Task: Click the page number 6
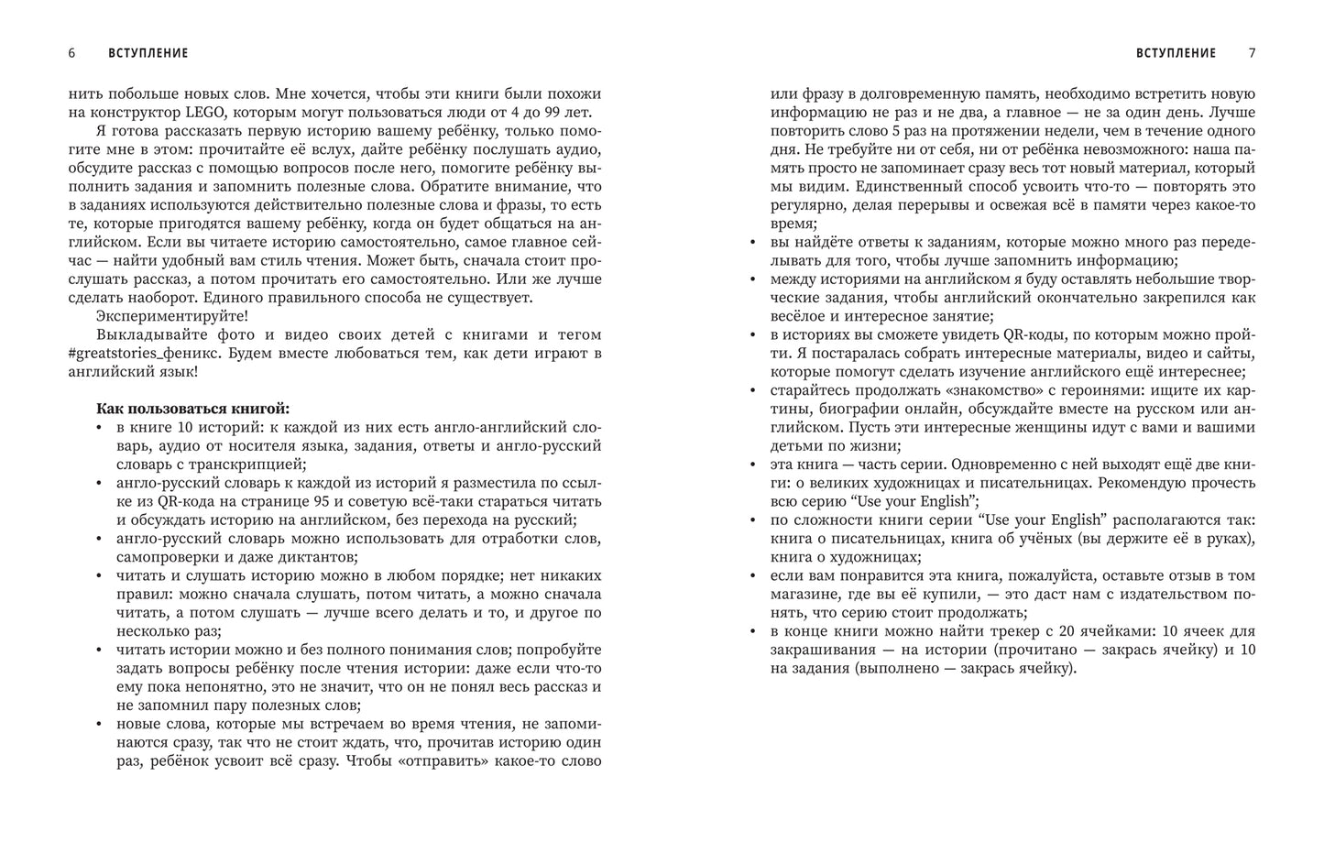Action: [x=71, y=53]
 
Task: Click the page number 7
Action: [x=1252, y=53]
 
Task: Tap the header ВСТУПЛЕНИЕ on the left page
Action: [x=148, y=53]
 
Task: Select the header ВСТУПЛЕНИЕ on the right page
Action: [x=1176, y=53]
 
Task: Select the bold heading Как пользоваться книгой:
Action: [x=192, y=409]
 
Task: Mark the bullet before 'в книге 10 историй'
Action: [x=100, y=428]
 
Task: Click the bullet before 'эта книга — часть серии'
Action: [x=753, y=465]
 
